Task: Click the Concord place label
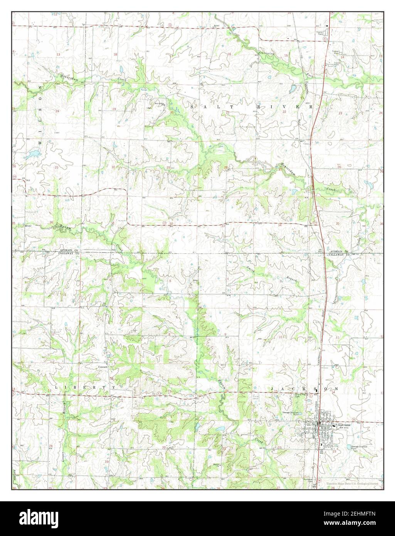point(102,367)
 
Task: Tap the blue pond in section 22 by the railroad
point(293,89)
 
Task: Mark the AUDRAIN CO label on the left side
point(69,251)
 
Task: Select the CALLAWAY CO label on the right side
point(338,255)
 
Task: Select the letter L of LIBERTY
point(56,386)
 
